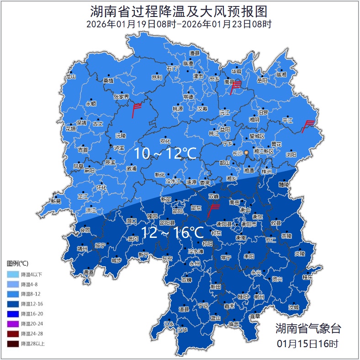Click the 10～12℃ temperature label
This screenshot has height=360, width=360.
165,154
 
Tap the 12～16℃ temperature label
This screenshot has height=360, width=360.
172,232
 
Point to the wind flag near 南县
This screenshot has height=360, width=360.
236,86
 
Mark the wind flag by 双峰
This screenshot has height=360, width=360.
213,210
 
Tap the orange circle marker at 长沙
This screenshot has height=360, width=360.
247,152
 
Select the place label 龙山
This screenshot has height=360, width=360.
70,77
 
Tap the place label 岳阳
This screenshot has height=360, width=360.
262,81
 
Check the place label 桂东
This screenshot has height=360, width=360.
307,277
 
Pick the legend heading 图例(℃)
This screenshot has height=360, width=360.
17,263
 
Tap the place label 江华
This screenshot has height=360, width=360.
183,330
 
